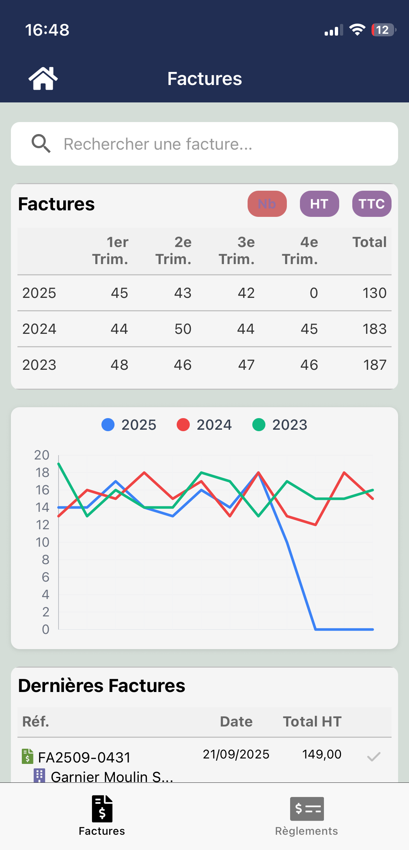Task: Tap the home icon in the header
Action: [x=43, y=78]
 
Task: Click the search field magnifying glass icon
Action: [x=41, y=144]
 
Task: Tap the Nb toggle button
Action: [x=267, y=204]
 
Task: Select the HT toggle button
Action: [x=319, y=204]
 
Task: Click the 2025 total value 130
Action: [x=374, y=293]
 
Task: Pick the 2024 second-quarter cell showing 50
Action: [x=183, y=329]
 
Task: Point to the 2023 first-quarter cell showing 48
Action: [x=119, y=365]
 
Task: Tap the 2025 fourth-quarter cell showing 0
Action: [x=313, y=293]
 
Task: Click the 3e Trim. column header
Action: [x=237, y=251]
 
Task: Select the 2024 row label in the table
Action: [x=39, y=329]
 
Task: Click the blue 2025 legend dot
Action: [x=108, y=425]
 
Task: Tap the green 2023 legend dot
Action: [x=259, y=425]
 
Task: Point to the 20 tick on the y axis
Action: [x=42, y=455]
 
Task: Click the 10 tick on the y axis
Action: [x=43, y=542]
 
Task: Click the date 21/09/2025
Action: [x=236, y=754]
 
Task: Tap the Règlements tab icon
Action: [x=306, y=809]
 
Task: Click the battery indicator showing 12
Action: [x=383, y=30]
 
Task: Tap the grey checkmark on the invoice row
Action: [x=373, y=757]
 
